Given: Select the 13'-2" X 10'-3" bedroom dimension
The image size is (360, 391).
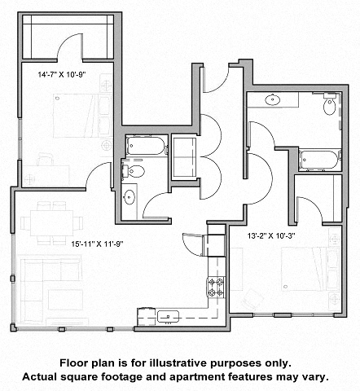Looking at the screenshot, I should click(x=278, y=235).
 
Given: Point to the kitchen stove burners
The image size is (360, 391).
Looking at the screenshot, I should click(x=217, y=288).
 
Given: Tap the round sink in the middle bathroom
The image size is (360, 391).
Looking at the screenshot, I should click(x=130, y=196).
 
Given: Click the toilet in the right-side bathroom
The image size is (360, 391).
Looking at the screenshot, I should click(x=329, y=106).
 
